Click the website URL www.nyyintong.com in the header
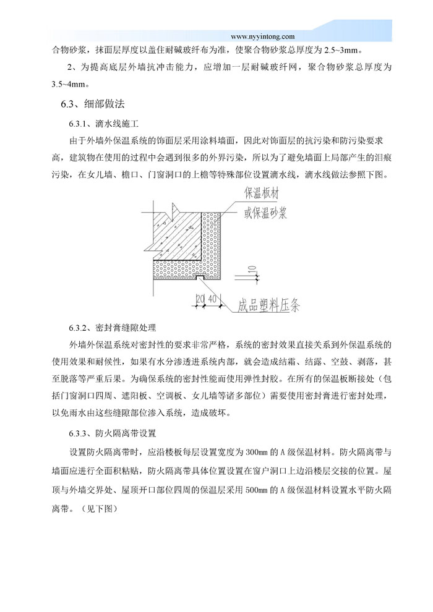tap(262, 36)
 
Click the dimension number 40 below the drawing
tap(212, 299)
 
